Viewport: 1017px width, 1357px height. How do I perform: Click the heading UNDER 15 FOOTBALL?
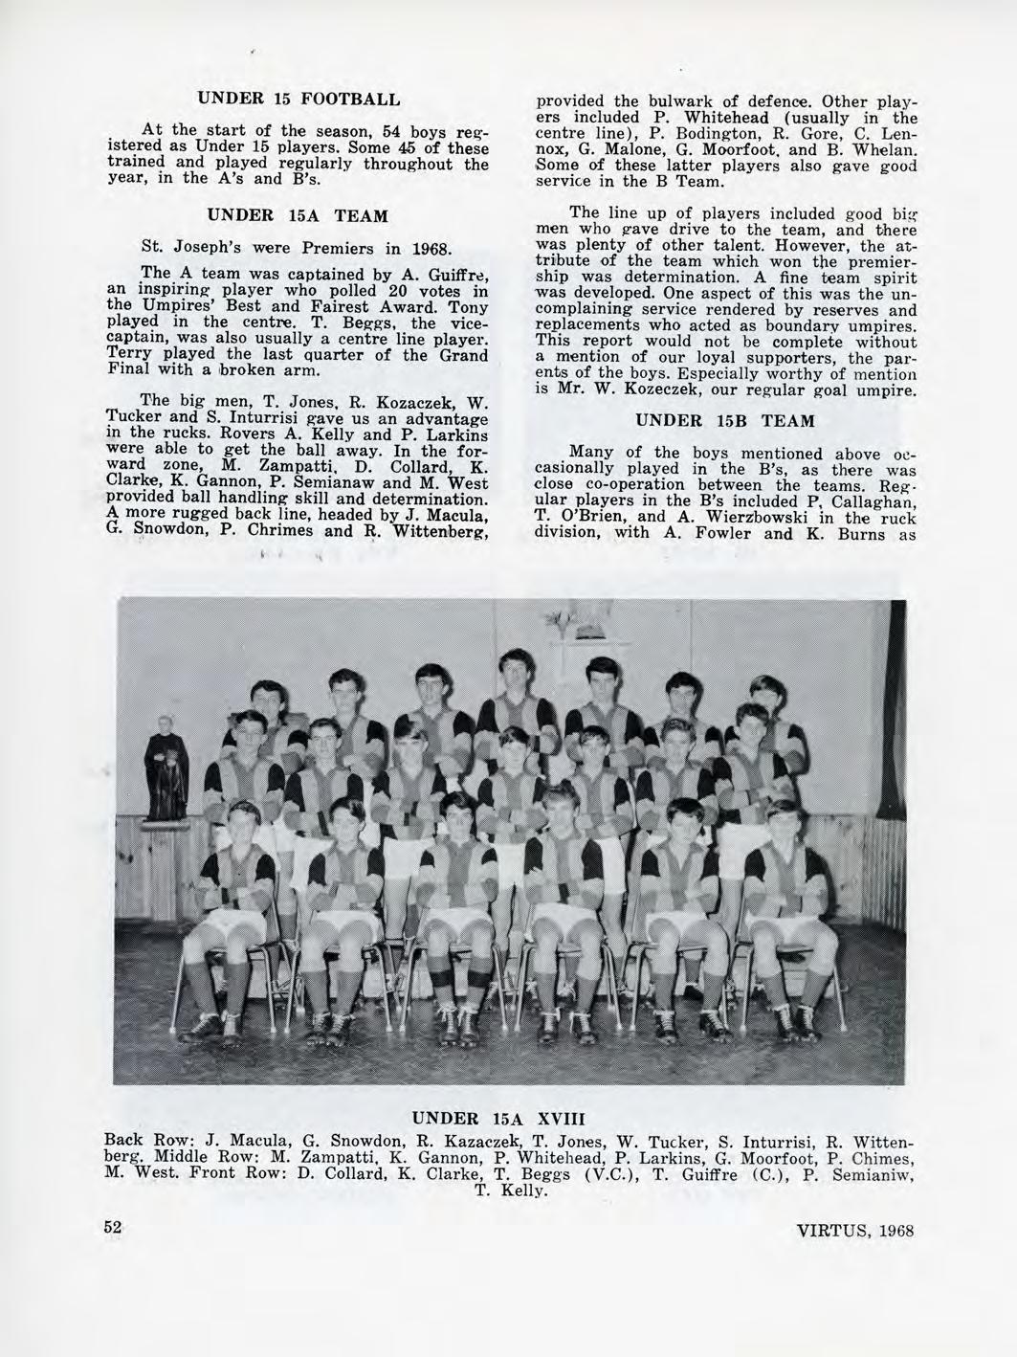tap(298, 98)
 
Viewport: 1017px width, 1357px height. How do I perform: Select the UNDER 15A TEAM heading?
tap(298, 217)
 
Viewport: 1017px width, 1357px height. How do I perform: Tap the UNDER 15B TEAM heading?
tap(725, 421)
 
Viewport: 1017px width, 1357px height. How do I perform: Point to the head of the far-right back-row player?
tap(766, 695)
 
